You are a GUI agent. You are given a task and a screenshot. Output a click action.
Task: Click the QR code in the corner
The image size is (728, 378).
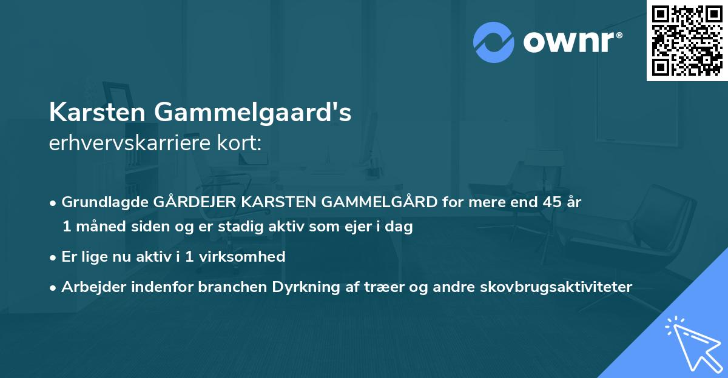[x=687, y=41]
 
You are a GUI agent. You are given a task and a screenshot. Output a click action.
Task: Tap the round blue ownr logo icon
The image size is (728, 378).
[x=494, y=42]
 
